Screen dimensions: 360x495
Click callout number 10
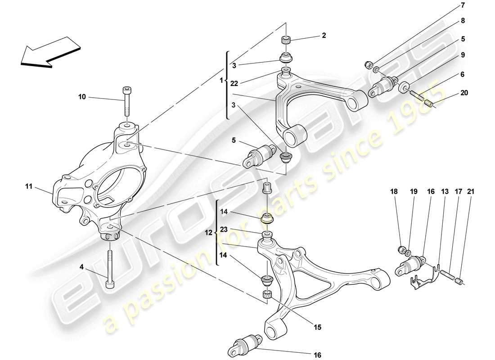tap(81, 97)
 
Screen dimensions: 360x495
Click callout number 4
tap(82, 266)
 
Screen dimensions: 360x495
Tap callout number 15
tap(318, 328)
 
